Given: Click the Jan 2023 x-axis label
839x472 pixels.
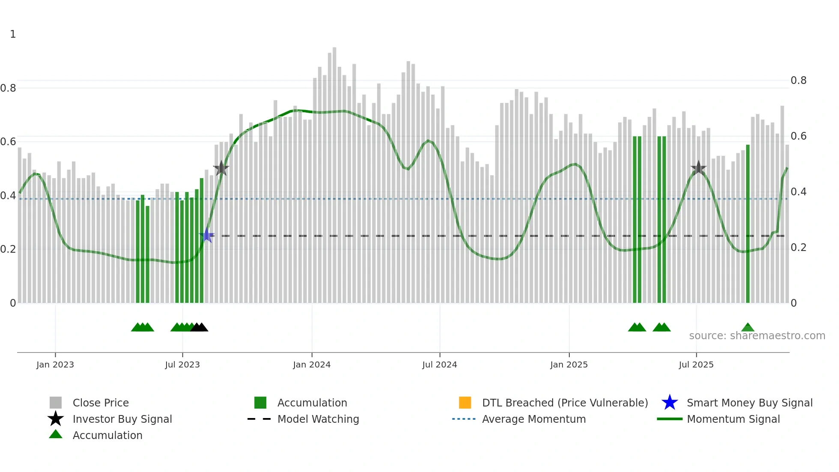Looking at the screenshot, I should point(55,364).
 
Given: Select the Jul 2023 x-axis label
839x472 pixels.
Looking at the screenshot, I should point(182,364).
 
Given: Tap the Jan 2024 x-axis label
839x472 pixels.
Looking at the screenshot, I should point(312,364).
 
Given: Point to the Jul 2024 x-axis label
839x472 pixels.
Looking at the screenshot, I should point(440,364).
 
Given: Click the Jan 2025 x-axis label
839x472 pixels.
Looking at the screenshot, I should point(569,364).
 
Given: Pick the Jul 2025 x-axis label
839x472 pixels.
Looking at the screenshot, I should point(696,364).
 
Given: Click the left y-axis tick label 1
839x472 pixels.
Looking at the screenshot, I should point(13,34).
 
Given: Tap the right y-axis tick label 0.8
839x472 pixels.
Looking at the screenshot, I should point(798,81).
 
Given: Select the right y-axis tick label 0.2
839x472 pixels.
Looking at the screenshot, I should point(798,248).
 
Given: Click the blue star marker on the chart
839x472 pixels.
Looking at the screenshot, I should point(207,236).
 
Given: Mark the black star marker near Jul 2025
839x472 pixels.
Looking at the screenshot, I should point(699,168).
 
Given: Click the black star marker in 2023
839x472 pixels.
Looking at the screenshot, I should point(221,168).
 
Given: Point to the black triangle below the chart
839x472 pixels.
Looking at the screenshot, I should point(199,327).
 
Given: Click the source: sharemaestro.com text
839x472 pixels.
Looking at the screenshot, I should point(757,336).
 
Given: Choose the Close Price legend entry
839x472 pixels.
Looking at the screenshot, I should point(101,403).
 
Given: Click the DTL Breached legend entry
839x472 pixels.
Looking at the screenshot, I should point(565,403).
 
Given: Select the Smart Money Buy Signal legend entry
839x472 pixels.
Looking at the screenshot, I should point(750,403).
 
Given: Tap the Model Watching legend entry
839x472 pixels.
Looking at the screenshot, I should point(318,419).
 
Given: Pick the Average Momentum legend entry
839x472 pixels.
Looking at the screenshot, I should point(534,419).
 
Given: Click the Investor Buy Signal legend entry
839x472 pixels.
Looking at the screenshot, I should point(122,419).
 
